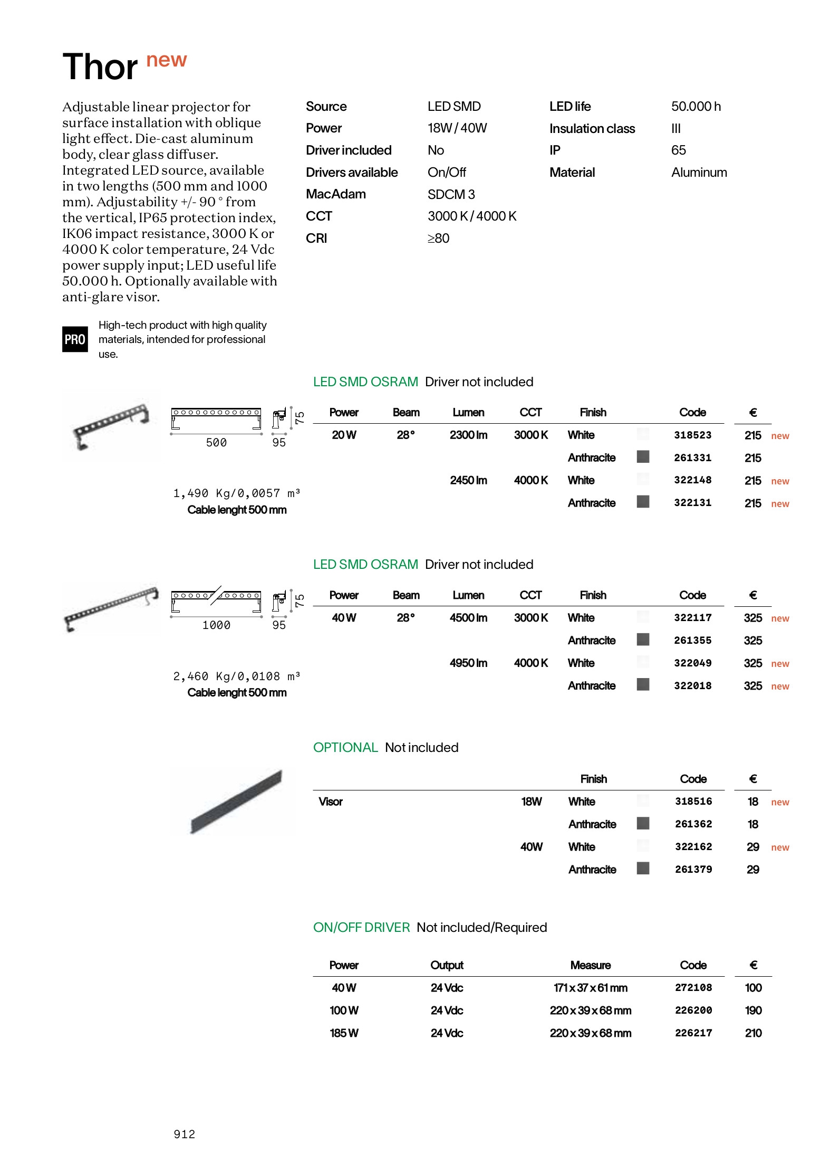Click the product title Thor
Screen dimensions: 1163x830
pyautogui.click(x=100, y=68)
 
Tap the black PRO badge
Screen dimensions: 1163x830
pyautogui.click(x=75, y=339)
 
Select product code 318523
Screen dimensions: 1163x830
pyautogui.click(x=692, y=435)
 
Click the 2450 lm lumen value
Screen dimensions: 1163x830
pyautogui.click(x=468, y=481)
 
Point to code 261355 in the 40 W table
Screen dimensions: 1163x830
pyautogui.click(x=692, y=641)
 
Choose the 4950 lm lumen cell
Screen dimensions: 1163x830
pyautogui.click(x=468, y=663)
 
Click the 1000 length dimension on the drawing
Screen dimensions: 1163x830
pyautogui.click(x=216, y=625)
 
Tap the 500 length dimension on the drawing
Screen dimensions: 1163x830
pyautogui.click(x=216, y=443)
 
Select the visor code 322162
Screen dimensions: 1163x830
pyautogui.click(x=693, y=847)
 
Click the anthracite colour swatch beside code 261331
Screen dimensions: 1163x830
pyautogui.click(x=643, y=457)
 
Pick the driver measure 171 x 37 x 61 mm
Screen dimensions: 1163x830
pyautogui.click(x=590, y=988)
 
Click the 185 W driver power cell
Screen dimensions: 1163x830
pyautogui.click(x=344, y=1033)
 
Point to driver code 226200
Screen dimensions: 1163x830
pyautogui.click(x=693, y=1011)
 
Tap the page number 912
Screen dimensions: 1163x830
pyautogui.click(x=184, y=1134)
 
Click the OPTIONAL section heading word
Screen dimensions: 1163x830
pyautogui.click(x=345, y=748)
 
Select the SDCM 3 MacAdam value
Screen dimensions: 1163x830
pyautogui.click(x=451, y=195)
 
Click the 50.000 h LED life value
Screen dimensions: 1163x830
pyautogui.click(x=696, y=107)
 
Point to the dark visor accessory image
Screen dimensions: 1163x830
pyautogui.click(x=236, y=802)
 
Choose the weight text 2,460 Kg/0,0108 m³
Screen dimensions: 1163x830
pyautogui.click(x=236, y=676)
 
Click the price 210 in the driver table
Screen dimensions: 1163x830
pyautogui.click(x=753, y=1033)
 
